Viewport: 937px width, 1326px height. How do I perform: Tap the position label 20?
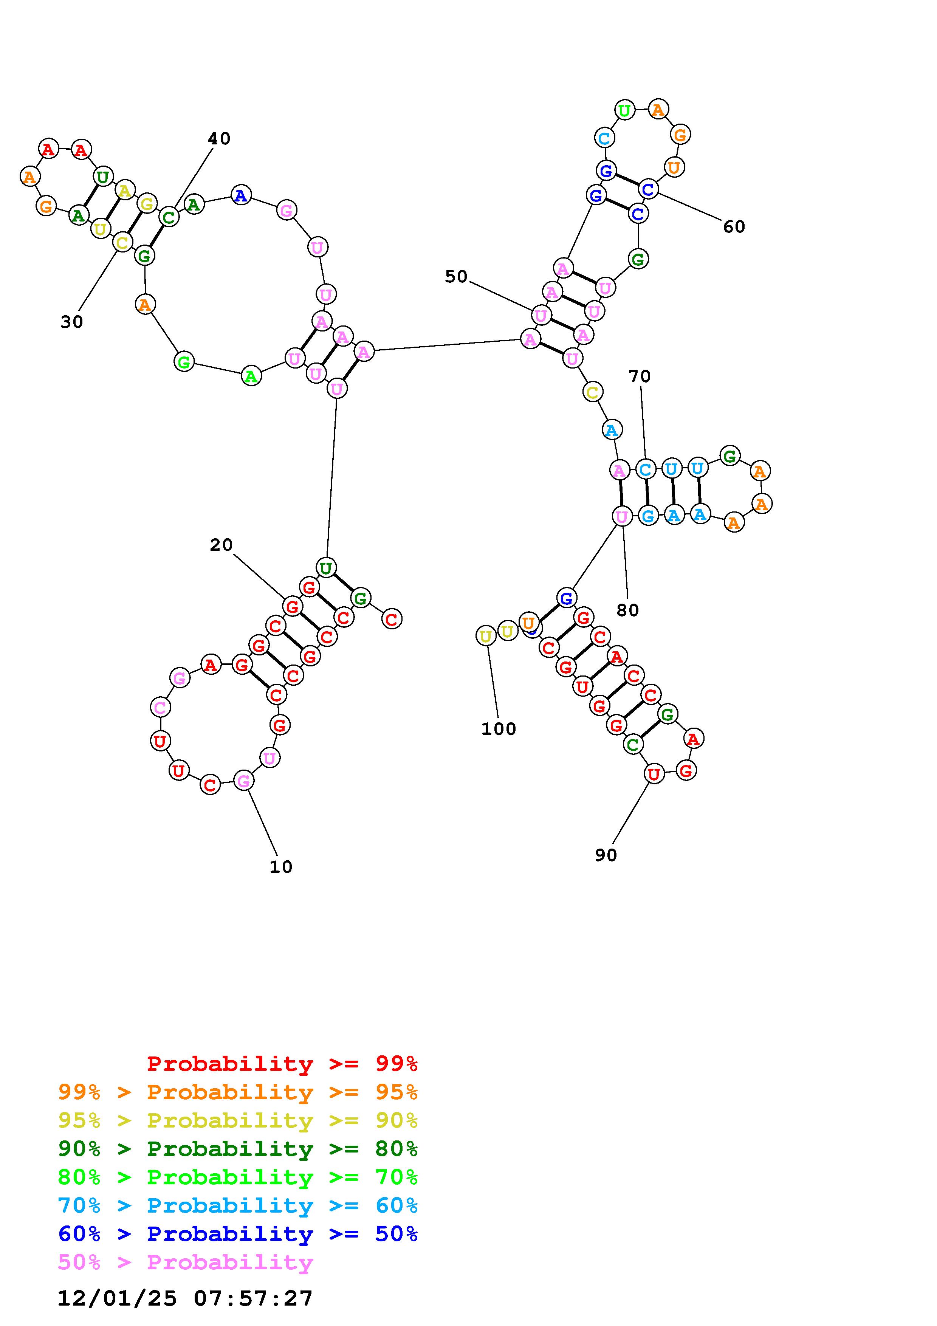click(x=221, y=545)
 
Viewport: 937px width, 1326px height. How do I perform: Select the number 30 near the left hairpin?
click(x=71, y=322)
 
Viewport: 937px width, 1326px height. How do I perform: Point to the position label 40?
click(x=219, y=139)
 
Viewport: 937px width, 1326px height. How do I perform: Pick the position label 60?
click(x=734, y=227)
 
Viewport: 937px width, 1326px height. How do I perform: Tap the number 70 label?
click(x=639, y=376)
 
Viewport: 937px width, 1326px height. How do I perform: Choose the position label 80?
click(x=627, y=610)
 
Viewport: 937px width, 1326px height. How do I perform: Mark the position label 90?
click(x=606, y=855)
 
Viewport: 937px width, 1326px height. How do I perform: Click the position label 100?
click(x=498, y=729)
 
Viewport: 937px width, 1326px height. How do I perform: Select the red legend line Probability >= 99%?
click(x=282, y=1064)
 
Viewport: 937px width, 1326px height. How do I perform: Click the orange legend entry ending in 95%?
click(x=238, y=1092)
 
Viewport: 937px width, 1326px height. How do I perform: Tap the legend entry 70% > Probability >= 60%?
click(x=238, y=1205)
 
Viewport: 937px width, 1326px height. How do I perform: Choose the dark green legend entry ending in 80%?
click(x=238, y=1149)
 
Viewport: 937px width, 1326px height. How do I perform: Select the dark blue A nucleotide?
click(x=241, y=195)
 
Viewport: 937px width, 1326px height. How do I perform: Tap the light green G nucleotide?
click(x=184, y=362)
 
